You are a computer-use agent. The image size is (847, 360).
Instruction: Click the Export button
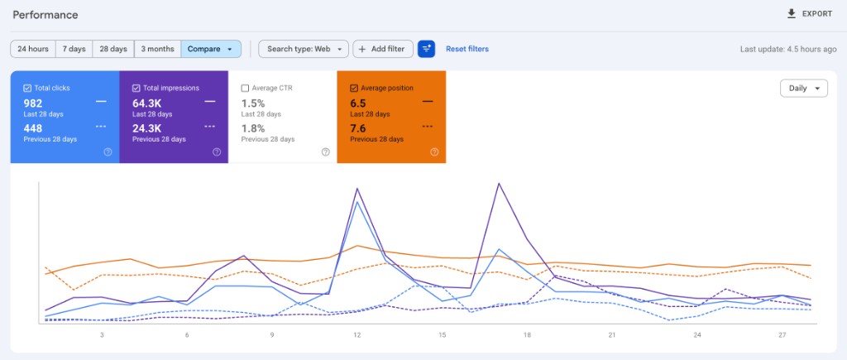809,14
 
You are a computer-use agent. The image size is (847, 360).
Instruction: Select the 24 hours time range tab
33,49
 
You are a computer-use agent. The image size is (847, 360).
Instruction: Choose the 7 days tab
74,49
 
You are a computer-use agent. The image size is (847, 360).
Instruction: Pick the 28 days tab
113,49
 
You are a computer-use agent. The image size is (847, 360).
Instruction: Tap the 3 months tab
158,49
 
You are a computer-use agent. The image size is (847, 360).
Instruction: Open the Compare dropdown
211,49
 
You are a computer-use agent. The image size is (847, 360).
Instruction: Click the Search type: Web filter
304,49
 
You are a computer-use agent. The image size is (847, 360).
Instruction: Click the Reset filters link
467,49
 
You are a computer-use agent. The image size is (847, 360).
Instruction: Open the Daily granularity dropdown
804,88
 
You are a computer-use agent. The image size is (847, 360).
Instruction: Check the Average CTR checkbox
245,88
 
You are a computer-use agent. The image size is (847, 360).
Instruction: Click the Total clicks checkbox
27,88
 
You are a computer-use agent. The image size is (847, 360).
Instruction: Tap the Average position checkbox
354,88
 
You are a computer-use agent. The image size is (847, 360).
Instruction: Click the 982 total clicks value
33,103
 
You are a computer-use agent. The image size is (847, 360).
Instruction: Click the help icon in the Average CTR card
326,152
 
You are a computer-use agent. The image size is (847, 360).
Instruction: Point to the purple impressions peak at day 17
499,184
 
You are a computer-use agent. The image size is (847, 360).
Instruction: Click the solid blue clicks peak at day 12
357,202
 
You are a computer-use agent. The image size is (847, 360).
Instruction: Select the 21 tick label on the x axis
612,335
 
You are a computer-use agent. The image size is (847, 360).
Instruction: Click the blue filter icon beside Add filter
426,49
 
